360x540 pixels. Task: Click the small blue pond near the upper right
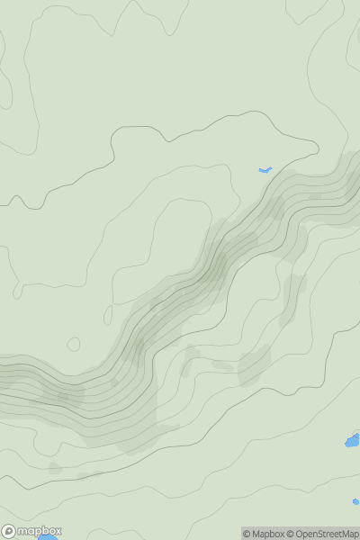(x=265, y=170)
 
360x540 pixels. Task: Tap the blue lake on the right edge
(x=353, y=440)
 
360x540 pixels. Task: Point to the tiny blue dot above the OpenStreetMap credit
(x=355, y=501)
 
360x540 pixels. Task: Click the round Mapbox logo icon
(x=10, y=531)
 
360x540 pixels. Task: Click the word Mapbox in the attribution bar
(x=268, y=534)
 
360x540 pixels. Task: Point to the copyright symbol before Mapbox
(x=247, y=534)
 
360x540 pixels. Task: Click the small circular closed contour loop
(x=74, y=344)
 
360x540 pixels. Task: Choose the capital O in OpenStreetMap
(x=300, y=534)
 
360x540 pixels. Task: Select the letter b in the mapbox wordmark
(x=42, y=531)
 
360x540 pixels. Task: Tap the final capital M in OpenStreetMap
(x=346, y=534)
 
